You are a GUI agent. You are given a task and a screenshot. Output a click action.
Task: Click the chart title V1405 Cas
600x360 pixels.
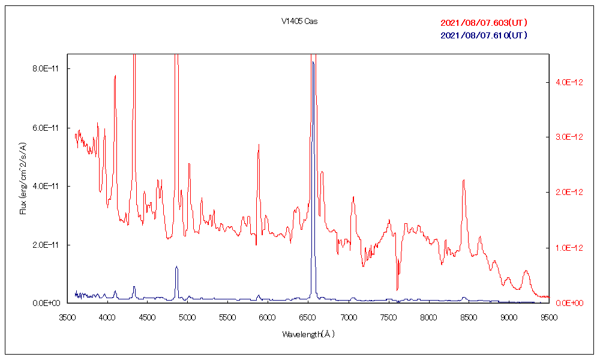point(299,22)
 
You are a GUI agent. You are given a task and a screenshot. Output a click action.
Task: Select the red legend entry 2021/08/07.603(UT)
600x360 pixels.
point(484,23)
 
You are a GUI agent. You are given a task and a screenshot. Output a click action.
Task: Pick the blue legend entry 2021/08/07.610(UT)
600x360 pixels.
point(484,35)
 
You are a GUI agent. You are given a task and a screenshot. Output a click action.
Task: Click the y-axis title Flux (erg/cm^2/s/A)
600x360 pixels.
point(23,179)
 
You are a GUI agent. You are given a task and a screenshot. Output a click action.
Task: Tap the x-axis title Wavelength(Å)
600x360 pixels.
point(308,334)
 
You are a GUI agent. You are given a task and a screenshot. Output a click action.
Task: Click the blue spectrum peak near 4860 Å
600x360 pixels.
point(176,266)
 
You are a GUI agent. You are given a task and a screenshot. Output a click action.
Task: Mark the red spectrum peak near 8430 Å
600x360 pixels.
point(463,180)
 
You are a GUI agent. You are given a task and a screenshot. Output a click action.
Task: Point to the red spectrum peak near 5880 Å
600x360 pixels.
point(259,145)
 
